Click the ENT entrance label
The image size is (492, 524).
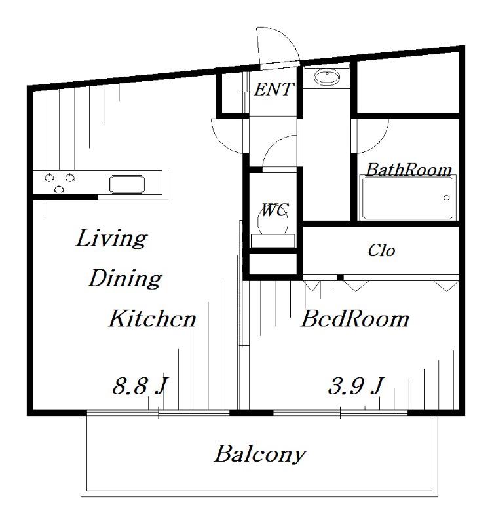point(274,90)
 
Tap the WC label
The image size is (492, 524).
point(274,210)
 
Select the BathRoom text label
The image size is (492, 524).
point(409,170)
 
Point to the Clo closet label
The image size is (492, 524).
point(381,251)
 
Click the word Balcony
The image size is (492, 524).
point(260,454)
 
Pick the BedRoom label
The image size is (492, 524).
point(355,319)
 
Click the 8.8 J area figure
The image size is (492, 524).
point(140,386)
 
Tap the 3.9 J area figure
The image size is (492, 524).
point(356,386)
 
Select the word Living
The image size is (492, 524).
point(111,238)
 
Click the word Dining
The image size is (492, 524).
point(125,278)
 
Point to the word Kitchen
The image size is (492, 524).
point(153,318)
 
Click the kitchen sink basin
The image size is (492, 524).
point(127,184)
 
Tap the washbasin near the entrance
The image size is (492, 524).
point(326,77)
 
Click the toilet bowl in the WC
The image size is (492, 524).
point(273,222)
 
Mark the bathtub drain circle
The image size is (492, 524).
point(447,198)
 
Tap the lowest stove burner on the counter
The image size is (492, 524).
point(59,190)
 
